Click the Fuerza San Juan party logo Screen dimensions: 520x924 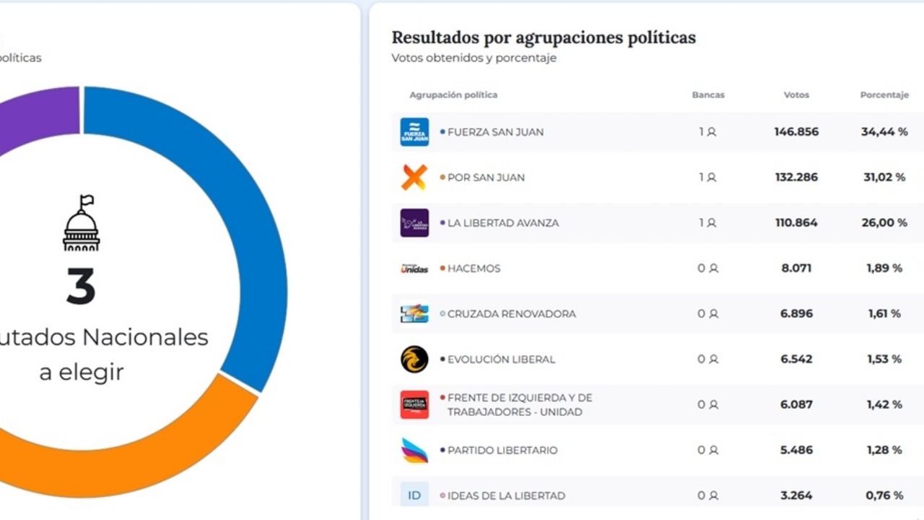pos(414,132)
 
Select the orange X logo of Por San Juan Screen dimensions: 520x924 pos(414,178)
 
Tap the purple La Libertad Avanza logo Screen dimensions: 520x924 pos(414,223)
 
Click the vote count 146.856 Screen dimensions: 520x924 pos(796,132)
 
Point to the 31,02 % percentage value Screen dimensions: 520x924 pos(884,178)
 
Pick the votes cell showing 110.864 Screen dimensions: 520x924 pos(796,223)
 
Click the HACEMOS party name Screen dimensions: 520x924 pos(474,269)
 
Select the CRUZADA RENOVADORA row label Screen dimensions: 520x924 pos(511,314)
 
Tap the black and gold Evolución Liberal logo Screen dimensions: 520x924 pos(414,360)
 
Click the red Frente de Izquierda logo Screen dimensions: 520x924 pos(414,405)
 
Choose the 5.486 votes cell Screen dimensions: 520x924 pos(796,451)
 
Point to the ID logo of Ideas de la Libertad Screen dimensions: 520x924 pos(414,495)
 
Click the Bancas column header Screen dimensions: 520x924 pos(707,95)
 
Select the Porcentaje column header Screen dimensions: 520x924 pos(884,95)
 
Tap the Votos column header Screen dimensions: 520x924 pos(796,95)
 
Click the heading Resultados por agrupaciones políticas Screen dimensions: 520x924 pos(544,38)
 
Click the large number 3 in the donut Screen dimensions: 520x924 pos(81,287)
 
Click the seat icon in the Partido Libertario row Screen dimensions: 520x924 pos(713,451)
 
